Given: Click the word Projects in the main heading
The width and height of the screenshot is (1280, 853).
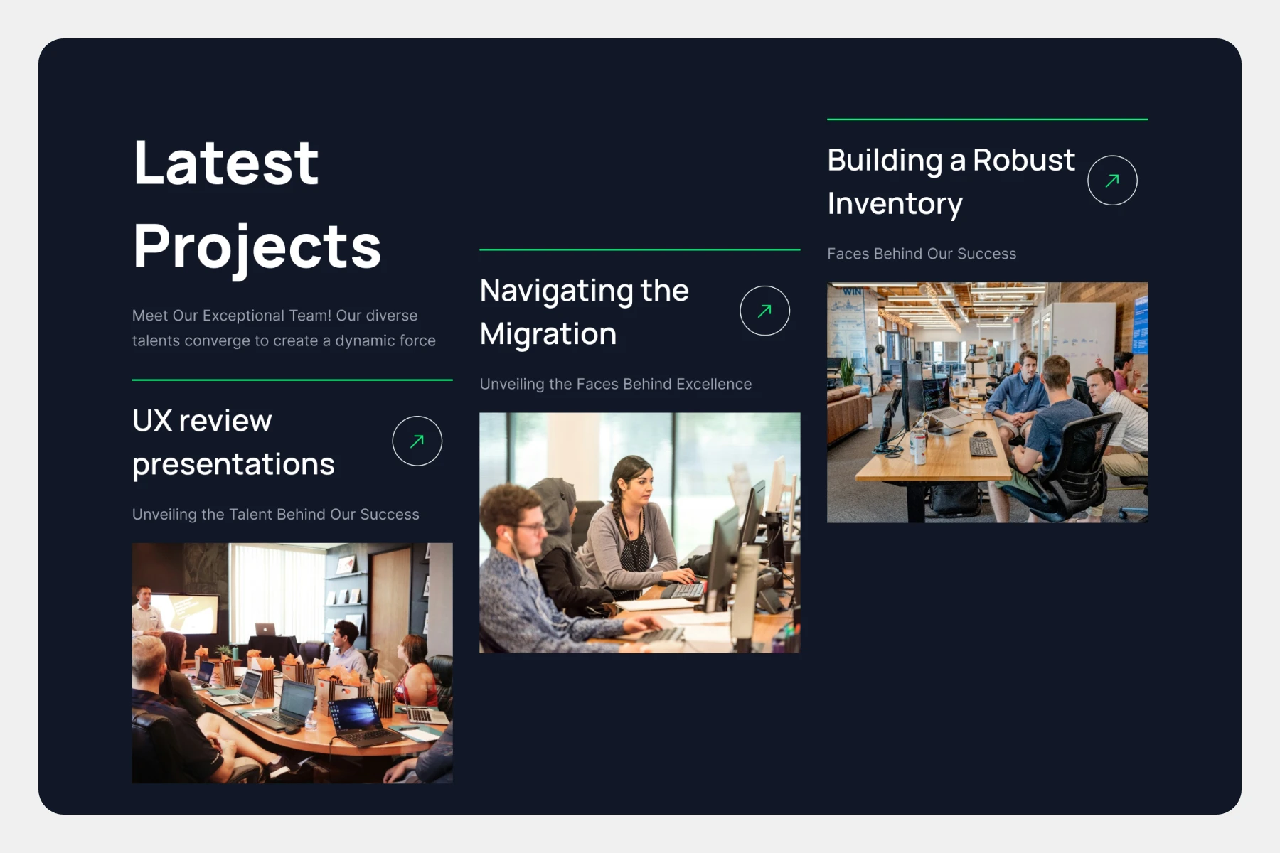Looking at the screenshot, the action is (257, 247).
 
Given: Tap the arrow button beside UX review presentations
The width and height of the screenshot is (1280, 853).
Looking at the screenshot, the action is (417, 441).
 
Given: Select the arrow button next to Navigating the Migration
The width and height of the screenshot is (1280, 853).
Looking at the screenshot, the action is (764, 311).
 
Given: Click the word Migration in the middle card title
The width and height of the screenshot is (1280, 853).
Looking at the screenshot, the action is (548, 334).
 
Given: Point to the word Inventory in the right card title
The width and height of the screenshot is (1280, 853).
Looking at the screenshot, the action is (895, 204).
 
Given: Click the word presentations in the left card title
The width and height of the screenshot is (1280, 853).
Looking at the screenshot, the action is (233, 465).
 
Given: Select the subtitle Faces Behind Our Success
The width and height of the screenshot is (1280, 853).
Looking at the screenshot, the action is (922, 254).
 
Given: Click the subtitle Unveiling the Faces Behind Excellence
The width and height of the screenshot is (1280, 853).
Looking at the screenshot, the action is (616, 384).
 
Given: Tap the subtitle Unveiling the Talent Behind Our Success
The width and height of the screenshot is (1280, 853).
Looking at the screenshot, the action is (276, 514).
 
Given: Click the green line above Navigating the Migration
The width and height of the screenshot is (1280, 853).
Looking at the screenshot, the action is (640, 250).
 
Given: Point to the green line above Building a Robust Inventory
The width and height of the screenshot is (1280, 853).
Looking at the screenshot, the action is (988, 119).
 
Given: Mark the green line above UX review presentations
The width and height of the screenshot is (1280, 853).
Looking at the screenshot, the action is (292, 380).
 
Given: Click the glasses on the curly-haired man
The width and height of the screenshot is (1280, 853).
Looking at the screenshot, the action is (528, 527).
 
